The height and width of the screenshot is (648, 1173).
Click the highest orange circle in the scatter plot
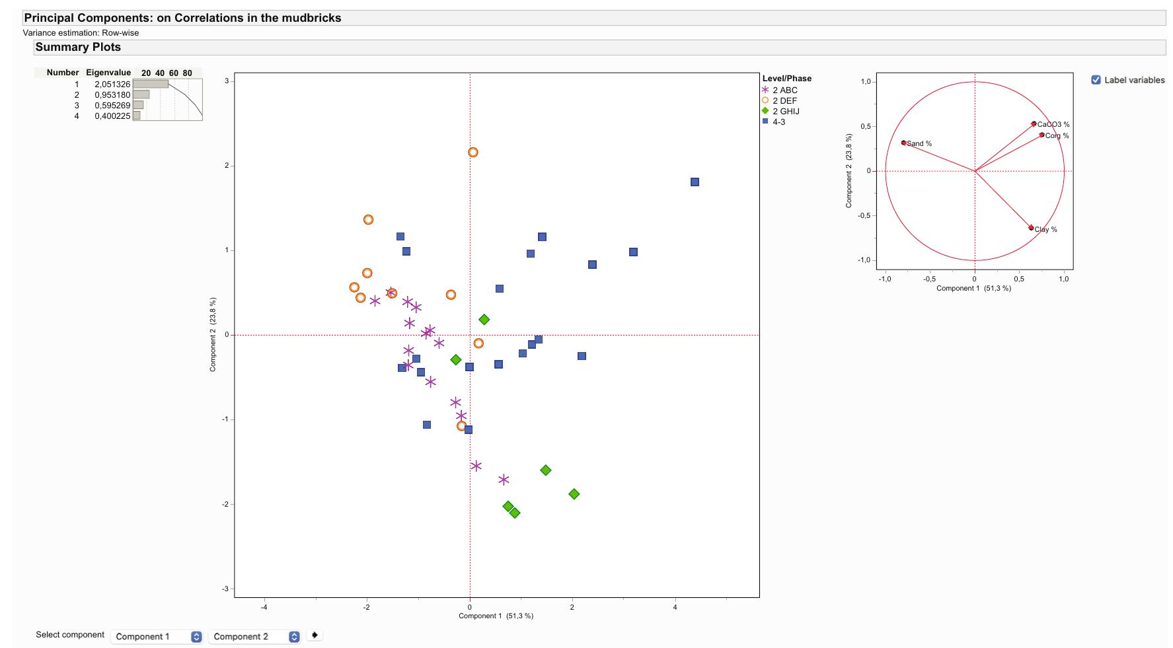(x=473, y=153)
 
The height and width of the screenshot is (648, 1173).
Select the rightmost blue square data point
(x=695, y=182)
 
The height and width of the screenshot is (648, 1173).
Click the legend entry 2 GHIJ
(x=786, y=112)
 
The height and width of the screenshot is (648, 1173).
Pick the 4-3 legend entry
(x=778, y=122)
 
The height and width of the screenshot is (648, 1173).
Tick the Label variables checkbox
(x=1096, y=80)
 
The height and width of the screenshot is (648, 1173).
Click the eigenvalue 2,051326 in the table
(x=112, y=85)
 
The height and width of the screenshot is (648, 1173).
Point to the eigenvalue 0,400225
(x=112, y=116)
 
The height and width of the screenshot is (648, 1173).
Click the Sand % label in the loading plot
(x=919, y=144)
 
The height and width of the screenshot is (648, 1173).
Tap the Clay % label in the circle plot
(x=1045, y=230)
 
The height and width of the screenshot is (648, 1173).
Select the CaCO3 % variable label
(x=1053, y=125)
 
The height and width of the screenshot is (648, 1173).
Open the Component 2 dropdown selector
(x=255, y=637)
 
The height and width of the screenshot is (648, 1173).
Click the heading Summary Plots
(x=78, y=48)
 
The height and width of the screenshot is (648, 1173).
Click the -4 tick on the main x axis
(x=264, y=607)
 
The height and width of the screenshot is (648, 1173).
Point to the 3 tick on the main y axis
(x=226, y=81)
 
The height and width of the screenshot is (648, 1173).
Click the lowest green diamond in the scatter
(x=515, y=513)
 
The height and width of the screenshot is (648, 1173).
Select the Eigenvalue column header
(x=108, y=73)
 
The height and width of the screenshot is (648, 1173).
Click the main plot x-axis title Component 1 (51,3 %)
(x=496, y=616)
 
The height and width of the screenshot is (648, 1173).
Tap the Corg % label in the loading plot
(x=1057, y=136)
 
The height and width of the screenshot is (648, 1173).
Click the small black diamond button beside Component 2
(x=315, y=635)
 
